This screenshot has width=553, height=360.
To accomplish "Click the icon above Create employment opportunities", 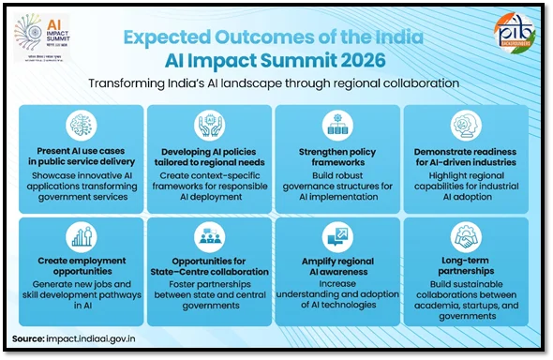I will (x=80, y=236).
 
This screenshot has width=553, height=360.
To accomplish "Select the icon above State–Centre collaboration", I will (x=208, y=236).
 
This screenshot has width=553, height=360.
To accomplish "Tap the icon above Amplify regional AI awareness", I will (x=336, y=236).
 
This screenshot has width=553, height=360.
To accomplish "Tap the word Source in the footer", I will (x=30, y=338).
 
